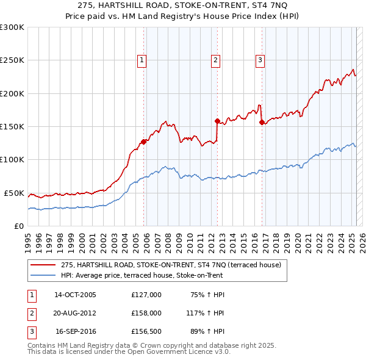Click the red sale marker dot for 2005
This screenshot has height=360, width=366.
coord(144,142)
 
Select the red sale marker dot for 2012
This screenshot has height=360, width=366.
coord(217,121)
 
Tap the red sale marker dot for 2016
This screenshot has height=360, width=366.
coord(262,122)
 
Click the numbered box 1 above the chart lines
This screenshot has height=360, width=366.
coord(142,60)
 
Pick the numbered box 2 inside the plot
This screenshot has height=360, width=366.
coord(216,60)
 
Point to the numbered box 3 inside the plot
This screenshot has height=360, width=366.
coord(260,60)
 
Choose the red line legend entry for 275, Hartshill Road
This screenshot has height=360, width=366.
coord(171,265)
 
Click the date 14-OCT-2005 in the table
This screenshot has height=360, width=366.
coord(75,295)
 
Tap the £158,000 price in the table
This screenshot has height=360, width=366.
coord(146,314)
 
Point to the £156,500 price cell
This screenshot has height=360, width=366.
coord(146,333)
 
